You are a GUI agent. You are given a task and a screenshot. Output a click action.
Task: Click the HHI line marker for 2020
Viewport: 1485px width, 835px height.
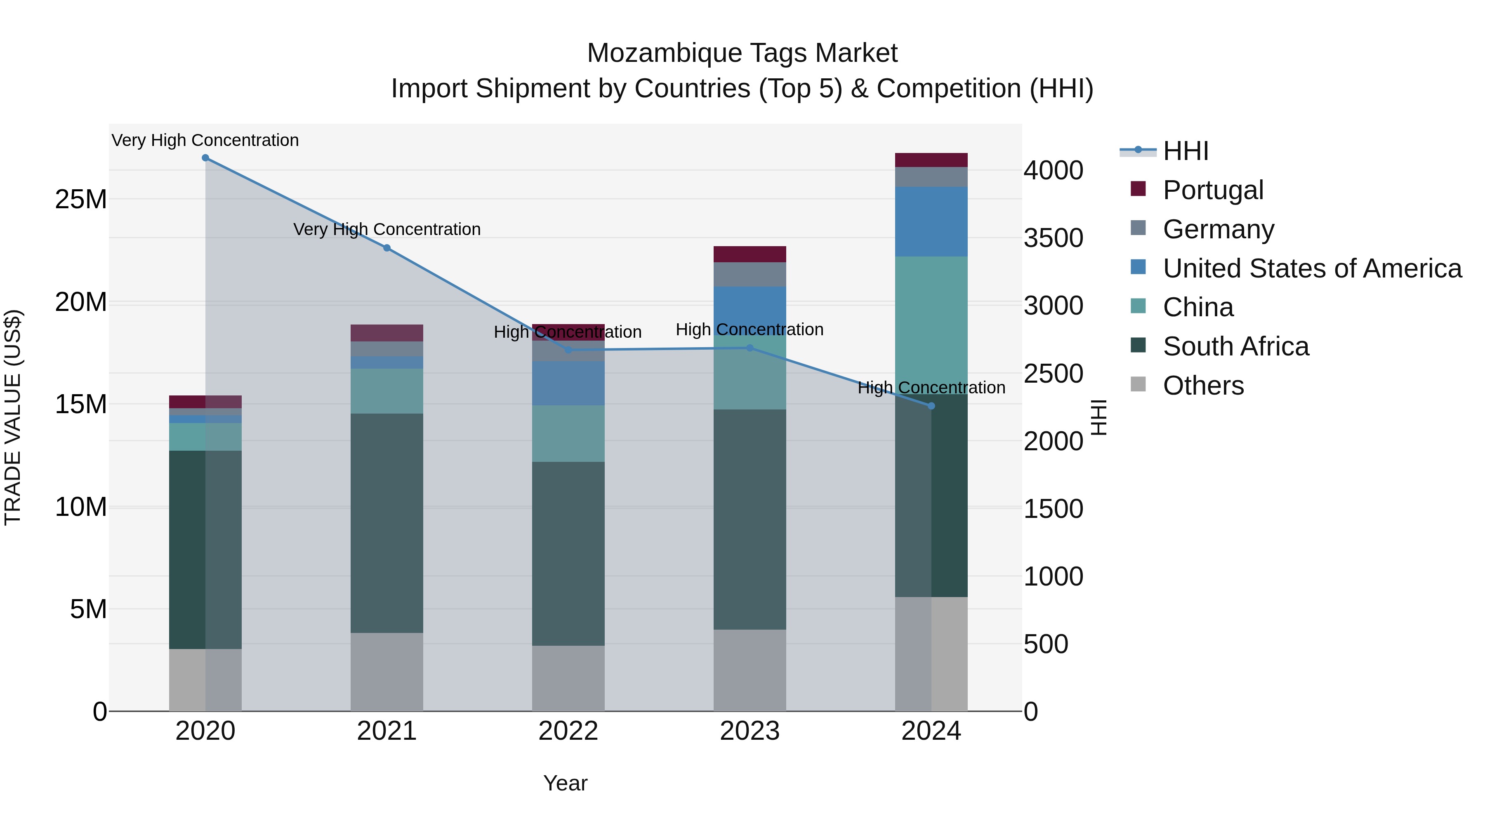point(205,158)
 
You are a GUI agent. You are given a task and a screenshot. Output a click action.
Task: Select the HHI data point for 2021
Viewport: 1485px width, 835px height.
point(387,248)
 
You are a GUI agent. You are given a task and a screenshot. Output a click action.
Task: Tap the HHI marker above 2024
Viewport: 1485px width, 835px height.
point(931,406)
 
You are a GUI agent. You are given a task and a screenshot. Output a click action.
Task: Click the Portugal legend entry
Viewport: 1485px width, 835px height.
point(1212,190)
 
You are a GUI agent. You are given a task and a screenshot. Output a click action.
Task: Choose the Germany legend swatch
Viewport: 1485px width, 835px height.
point(1138,228)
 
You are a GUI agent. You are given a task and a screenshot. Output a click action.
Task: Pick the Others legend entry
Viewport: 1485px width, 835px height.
point(1203,386)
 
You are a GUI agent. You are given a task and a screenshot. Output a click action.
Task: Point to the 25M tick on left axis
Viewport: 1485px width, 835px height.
point(81,200)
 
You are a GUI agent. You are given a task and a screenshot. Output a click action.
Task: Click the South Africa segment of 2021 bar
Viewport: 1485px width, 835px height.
point(387,523)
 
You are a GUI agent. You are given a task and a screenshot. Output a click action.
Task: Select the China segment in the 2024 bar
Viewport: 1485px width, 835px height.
point(931,323)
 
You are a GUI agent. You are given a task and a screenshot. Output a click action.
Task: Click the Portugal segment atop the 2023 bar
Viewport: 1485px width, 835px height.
point(750,254)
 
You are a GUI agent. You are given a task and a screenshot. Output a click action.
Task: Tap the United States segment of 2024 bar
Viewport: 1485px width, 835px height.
point(931,221)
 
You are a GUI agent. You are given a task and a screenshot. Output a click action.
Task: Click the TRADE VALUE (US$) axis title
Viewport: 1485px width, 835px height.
point(13,417)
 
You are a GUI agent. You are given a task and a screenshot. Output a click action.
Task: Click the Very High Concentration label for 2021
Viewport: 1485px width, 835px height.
point(387,229)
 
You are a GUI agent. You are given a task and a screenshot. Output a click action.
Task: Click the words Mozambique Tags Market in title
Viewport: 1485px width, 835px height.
point(742,54)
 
